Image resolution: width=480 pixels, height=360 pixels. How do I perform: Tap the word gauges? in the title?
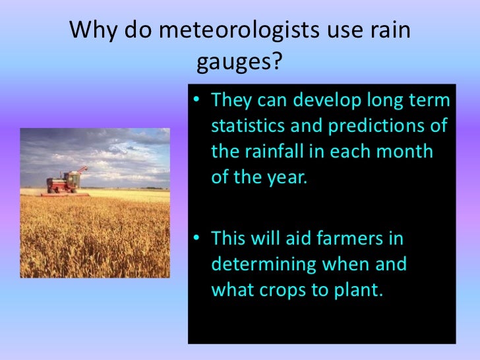[239, 63]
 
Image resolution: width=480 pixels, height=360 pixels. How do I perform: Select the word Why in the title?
[92, 30]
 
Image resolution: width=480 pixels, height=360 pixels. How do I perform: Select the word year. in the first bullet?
[285, 177]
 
